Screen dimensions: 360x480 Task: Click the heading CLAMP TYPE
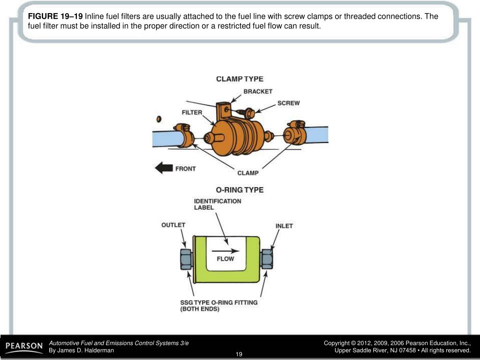tap(240, 79)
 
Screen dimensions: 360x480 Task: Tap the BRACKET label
tap(257, 91)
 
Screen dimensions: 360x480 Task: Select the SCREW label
tap(288, 103)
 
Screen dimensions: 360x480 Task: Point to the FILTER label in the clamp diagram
tap(192, 112)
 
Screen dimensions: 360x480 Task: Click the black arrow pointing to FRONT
tap(164, 168)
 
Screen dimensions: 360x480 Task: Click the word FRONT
tap(186, 168)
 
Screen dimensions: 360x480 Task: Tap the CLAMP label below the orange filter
tap(248, 173)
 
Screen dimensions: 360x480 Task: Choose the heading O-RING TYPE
tap(240, 190)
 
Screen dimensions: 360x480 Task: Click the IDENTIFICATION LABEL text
tap(217, 204)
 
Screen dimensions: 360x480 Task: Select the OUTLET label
tap(173, 225)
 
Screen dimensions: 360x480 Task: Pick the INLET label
tap(284, 226)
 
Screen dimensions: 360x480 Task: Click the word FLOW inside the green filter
tap(225, 259)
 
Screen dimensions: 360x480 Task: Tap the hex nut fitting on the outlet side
tap(185, 259)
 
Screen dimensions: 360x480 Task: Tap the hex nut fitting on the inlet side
tap(267, 259)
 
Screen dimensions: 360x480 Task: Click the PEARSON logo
tap(24, 346)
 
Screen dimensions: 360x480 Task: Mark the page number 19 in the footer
tap(239, 353)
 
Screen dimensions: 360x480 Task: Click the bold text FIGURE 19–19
tap(55, 16)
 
